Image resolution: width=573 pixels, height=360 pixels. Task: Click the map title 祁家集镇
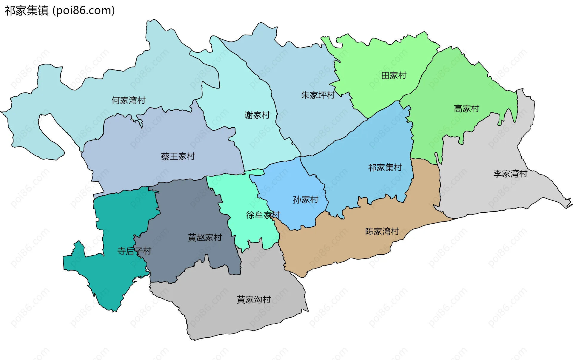pos(27,11)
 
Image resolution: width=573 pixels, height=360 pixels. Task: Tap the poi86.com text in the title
pos(84,11)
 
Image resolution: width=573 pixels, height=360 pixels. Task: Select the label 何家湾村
pos(128,101)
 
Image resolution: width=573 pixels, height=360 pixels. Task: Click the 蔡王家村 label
pos(178,156)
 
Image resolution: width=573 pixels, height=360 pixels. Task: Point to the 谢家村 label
pos(257,115)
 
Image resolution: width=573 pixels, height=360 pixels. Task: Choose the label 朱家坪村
pos(318,95)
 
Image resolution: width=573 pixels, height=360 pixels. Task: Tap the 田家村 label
pos(394,75)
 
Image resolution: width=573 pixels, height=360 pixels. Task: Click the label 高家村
pos(466,109)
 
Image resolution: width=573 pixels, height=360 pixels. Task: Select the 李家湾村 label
pos(510,174)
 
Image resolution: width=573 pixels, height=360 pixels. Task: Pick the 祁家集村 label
pos(385,167)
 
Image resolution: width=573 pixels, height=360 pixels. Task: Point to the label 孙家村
pos(306,200)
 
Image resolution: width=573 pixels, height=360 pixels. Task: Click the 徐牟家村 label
pos(263,215)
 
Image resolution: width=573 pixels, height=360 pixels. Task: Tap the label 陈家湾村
pos(382,231)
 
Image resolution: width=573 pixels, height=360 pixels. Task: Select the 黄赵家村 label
pos(205,237)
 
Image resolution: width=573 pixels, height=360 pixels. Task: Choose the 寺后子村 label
pos(134,251)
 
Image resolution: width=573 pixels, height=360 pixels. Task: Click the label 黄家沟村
pos(254,299)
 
